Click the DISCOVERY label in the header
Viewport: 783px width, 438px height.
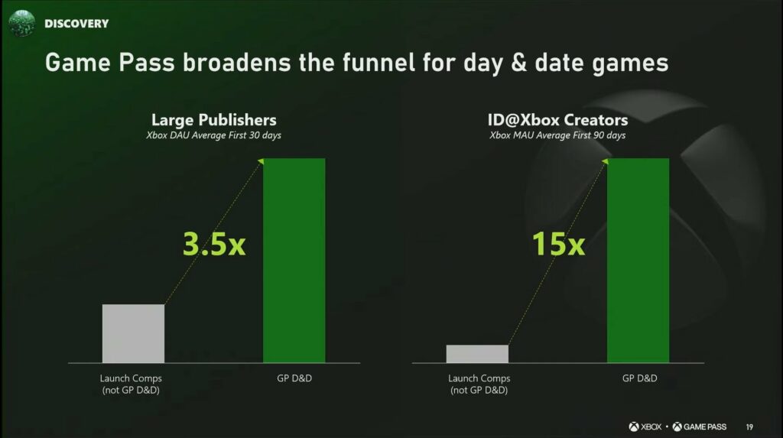pyautogui.click(x=76, y=24)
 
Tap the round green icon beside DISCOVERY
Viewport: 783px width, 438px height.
pyautogui.click(x=22, y=23)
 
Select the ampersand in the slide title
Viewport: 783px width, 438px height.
pyautogui.click(x=518, y=63)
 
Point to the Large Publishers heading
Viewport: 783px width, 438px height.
pyautogui.click(x=214, y=120)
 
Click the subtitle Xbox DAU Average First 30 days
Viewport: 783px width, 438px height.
pyautogui.click(x=214, y=135)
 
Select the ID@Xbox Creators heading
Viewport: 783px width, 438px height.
pyautogui.click(x=557, y=120)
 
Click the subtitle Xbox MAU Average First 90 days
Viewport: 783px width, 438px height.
pyautogui.click(x=557, y=135)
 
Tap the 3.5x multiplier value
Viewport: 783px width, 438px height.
pyautogui.click(x=214, y=244)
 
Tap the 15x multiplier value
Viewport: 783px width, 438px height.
pyautogui.click(x=558, y=244)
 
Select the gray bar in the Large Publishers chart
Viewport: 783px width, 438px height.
pyautogui.click(x=133, y=333)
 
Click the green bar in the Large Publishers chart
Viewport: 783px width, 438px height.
pyautogui.click(x=294, y=260)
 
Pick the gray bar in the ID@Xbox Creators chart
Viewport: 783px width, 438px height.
pyautogui.click(x=477, y=354)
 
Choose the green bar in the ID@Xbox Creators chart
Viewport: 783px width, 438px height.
pyautogui.click(x=638, y=260)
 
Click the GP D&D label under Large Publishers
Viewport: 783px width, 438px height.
pyautogui.click(x=294, y=378)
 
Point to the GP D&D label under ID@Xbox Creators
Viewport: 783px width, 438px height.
pyautogui.click(x=640, y=378)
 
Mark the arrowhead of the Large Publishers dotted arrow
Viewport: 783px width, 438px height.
pyautogui.click(x=261, y=161)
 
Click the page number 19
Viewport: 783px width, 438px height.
pyautogui.click(x=749, y=427)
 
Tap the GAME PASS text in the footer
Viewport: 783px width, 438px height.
pyautogui.click(x=704, y=427)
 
